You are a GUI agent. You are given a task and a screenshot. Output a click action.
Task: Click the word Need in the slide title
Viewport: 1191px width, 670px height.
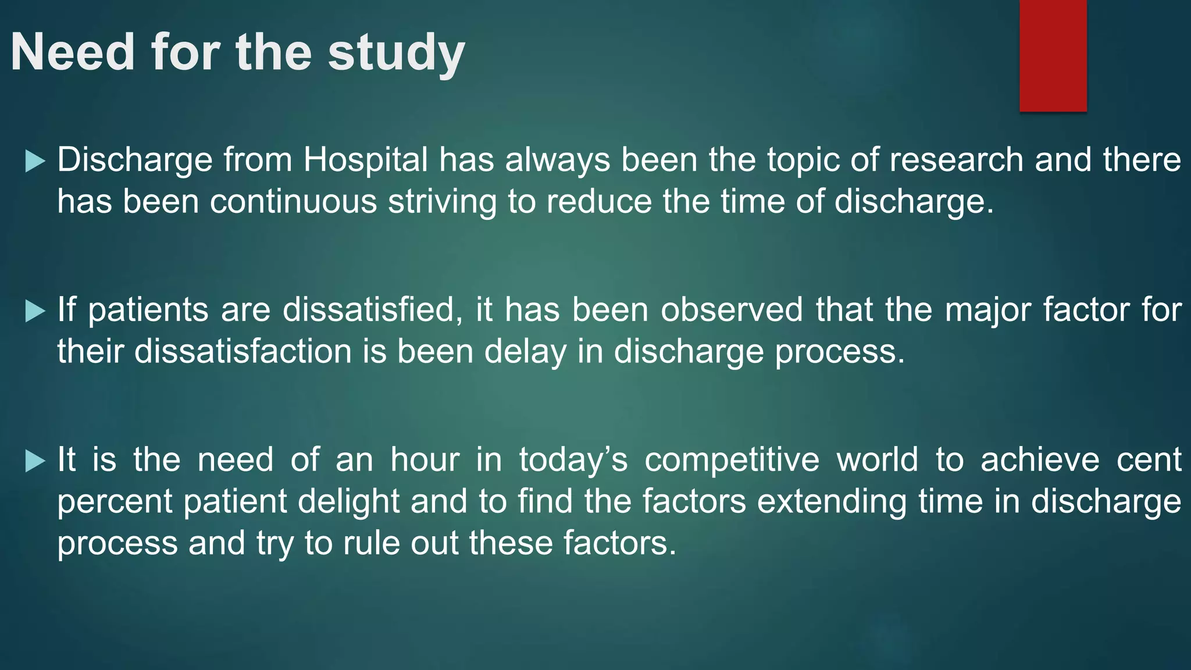point(73,52)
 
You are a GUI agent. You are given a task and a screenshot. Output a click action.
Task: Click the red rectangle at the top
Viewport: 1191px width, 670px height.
point(1053,55)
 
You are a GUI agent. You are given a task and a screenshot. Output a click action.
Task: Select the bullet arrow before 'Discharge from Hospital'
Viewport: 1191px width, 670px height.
point(35,161)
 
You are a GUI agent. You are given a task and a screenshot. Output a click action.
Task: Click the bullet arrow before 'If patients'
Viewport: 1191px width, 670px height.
point(35,311)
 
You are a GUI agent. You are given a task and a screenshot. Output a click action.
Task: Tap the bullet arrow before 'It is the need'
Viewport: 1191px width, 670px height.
point(35,461)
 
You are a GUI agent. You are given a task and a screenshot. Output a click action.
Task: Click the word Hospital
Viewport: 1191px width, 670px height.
point(365,160)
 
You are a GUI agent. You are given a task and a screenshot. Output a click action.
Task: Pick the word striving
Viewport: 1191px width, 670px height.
point(442,202)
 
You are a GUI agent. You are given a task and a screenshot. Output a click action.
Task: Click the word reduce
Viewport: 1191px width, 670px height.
point(599,202)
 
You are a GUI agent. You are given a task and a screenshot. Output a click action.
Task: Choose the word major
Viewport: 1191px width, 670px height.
point(988,311)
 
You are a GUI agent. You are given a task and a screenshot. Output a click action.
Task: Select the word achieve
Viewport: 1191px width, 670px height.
point(1040,460)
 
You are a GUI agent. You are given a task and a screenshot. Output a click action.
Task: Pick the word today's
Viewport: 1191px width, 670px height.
point(573,460)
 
